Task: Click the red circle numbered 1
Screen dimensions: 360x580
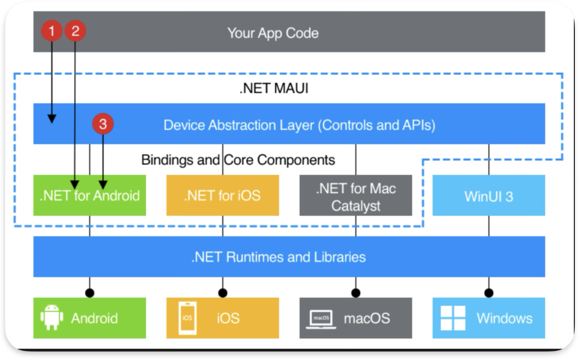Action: [x=52, y=31]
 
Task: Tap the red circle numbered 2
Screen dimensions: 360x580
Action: [x=75, y=31]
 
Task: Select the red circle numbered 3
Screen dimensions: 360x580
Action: [x=103, y=125]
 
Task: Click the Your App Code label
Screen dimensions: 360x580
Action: [x=272, y=33]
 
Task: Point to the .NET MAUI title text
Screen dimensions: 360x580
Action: [x=274, y=88]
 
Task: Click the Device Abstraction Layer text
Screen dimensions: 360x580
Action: [x=299, y=125]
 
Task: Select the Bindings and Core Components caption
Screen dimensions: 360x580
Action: [x=238, y=160]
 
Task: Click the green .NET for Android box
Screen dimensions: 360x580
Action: [x=89, y=196]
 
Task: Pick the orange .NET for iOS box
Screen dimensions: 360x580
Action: [x=222, y=196]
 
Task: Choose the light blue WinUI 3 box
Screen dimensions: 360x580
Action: [x=488, y=196]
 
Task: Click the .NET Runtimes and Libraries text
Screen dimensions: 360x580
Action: [x=278, y=257]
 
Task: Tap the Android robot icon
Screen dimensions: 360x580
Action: [x=52, y=318]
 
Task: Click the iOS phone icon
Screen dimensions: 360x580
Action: [x=187, y=318]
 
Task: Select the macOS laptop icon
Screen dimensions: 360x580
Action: [x=321, y=318]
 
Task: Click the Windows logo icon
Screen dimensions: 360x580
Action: [x=453, y=318]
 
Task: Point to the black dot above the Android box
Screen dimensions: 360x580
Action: [x=89, y=293]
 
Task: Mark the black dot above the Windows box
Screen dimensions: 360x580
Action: [x=488, y=293]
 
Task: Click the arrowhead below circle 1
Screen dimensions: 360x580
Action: [x=52, y=119]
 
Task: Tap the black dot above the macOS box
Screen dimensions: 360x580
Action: [x=356, y=293]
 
